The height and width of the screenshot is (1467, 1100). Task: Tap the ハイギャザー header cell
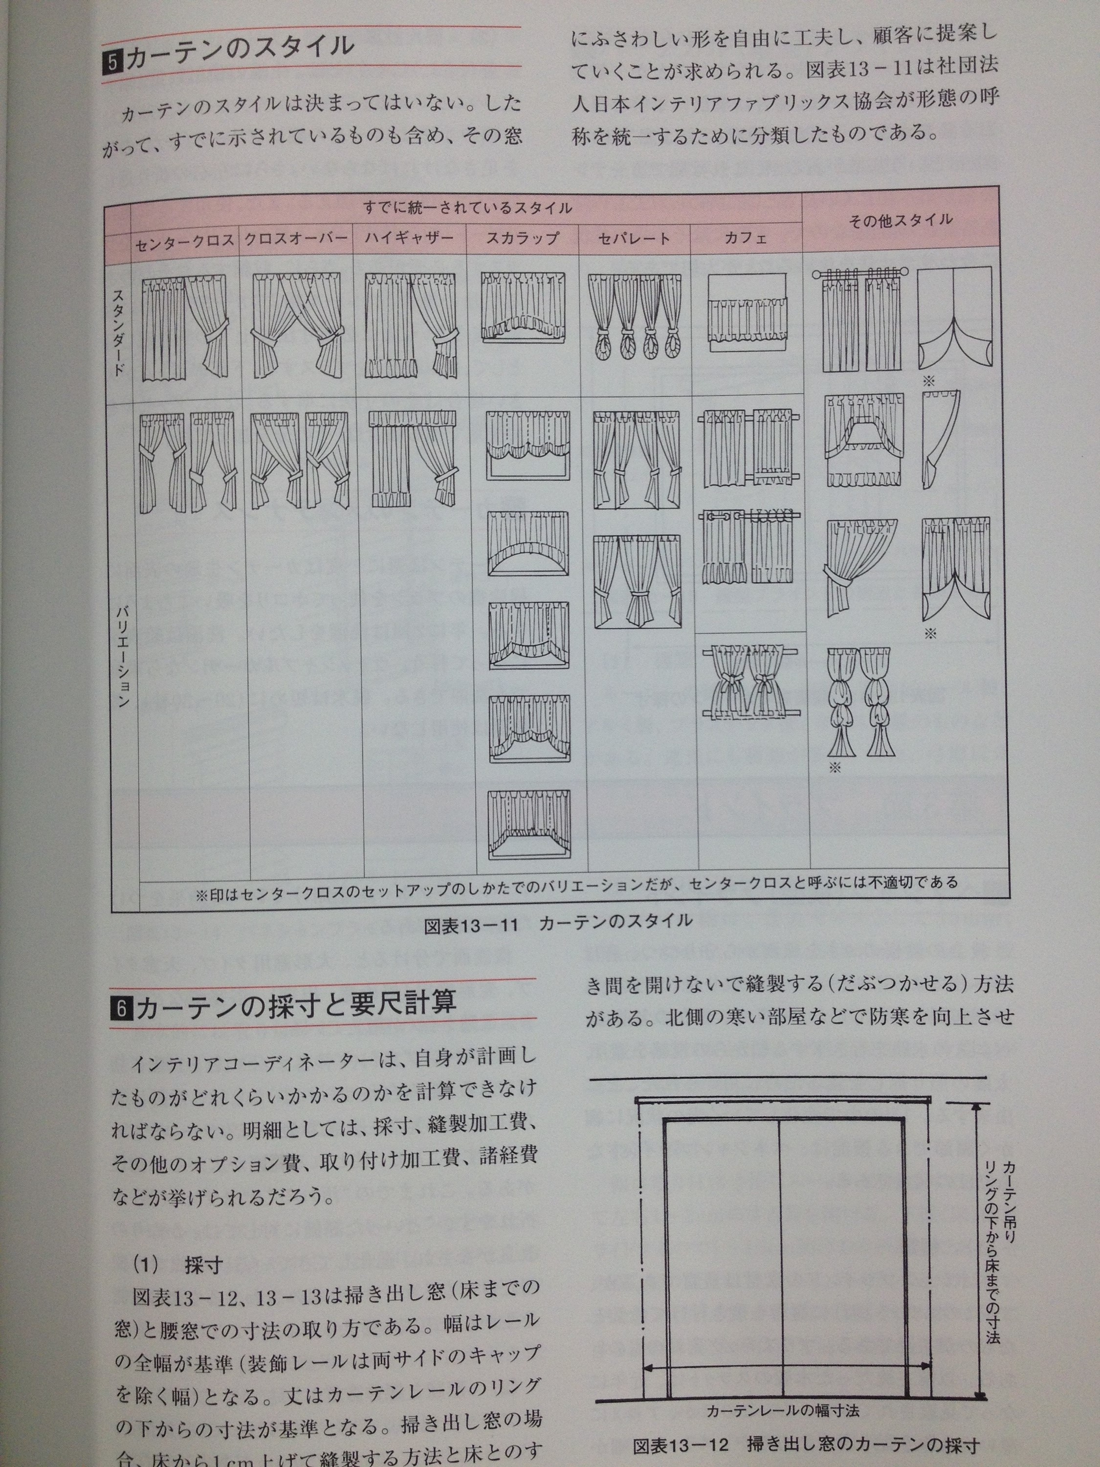pos(410,238)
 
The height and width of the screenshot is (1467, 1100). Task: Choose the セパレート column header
pos(634,238)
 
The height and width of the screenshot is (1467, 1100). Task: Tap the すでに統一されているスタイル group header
pos(467,208)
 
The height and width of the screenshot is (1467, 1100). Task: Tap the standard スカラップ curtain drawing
pos(523,307)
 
